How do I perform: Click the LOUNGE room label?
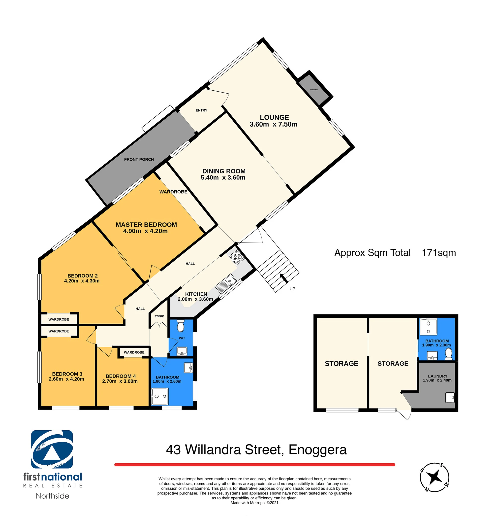click(x=274, y=117)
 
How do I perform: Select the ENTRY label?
click(x=201, y=110)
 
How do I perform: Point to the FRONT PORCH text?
click(x=139, y=159)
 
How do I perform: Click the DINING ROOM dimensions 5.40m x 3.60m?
click(x=223, y=178)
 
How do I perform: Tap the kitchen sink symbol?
click(x=226, y=283)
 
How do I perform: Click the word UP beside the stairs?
click(x=292, y=289)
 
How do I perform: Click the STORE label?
click(x=159, y=316)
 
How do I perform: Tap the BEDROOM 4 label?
click(x=121, y=376)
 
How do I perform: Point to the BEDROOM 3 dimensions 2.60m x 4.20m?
click(x=66, y=379)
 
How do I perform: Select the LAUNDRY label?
click(x=438, y=376)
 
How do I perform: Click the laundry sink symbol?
click(x=450, y=398)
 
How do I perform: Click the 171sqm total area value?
click(x=439, y=253)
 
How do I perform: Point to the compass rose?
click(x=434, y=477)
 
